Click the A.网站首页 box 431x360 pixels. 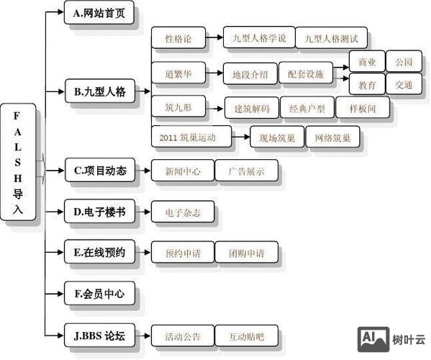pyautogui.click(x=99, y=14)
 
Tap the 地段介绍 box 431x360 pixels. pyautogui.click(x=250, y=74)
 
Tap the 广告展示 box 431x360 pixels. pyautogui.click(x=246, y=171)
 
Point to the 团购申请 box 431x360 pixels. pyautogui.click(x=246, y=253)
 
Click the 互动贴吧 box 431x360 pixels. pyautogui.click(x=246, y=336)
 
